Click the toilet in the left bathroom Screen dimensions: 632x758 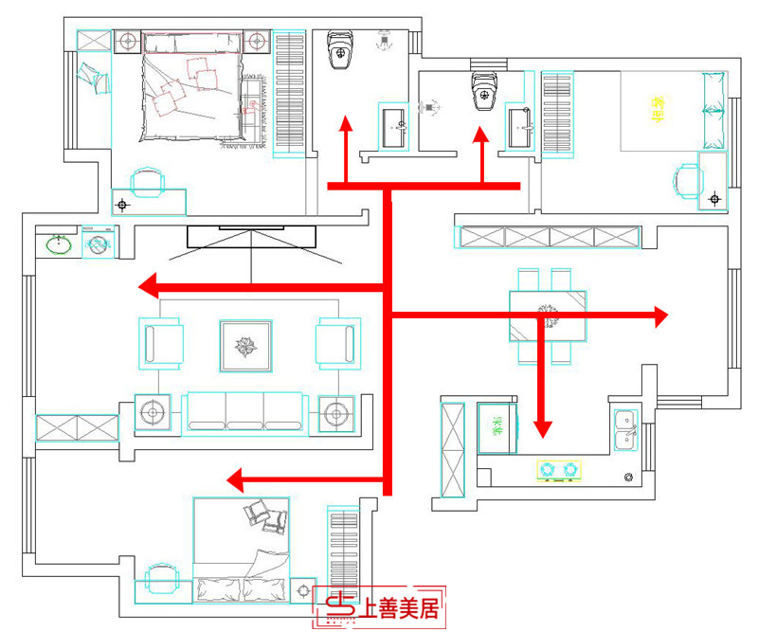coord(339,51)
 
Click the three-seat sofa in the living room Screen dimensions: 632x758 coord(244,413)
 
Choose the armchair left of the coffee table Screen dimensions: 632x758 coord(161,343)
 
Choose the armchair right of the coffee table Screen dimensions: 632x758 coord(336,343)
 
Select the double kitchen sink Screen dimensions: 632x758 coord(625,427)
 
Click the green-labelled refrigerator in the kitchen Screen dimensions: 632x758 coord(496,428)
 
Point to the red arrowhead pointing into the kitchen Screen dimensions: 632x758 coord(542,428)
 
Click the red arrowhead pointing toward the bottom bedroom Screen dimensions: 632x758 coord(237,480)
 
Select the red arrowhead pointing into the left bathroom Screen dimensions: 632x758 coord(346,123)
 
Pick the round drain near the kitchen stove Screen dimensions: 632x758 coord(628,477)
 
